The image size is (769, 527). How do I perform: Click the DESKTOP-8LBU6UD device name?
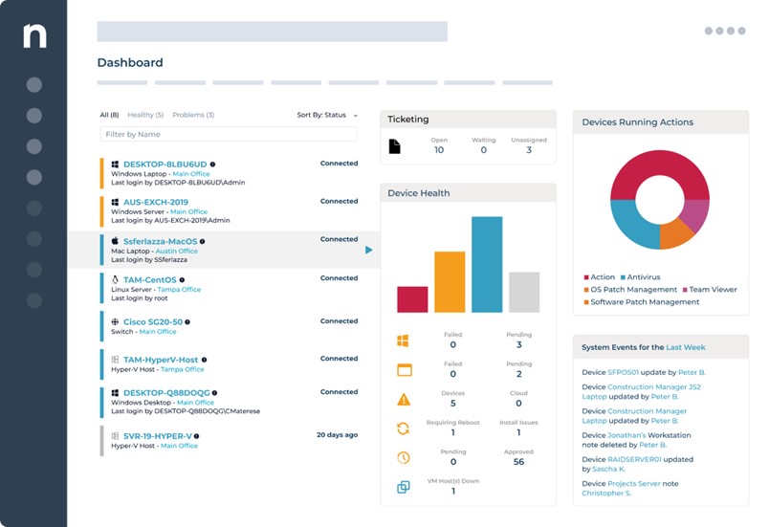point(165,165)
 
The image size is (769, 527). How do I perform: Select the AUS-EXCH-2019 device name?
point(155,203)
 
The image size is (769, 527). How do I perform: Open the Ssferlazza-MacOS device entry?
point(161,242)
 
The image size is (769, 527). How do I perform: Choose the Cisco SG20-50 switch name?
point(153,322)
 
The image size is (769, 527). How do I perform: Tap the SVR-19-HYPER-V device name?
point(159,436)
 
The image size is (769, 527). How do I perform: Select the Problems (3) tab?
point(193,115)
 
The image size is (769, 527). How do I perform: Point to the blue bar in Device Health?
point(487,264)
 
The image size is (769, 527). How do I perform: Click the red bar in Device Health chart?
point(412,298)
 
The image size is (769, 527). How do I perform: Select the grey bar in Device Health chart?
point(524,292)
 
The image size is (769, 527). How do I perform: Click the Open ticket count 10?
point(439,150)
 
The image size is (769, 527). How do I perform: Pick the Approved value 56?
point(518,462)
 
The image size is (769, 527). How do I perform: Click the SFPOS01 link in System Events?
point(625,372)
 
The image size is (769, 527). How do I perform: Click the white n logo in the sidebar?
point(34,36)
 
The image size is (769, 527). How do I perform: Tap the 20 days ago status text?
point(337,435)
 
